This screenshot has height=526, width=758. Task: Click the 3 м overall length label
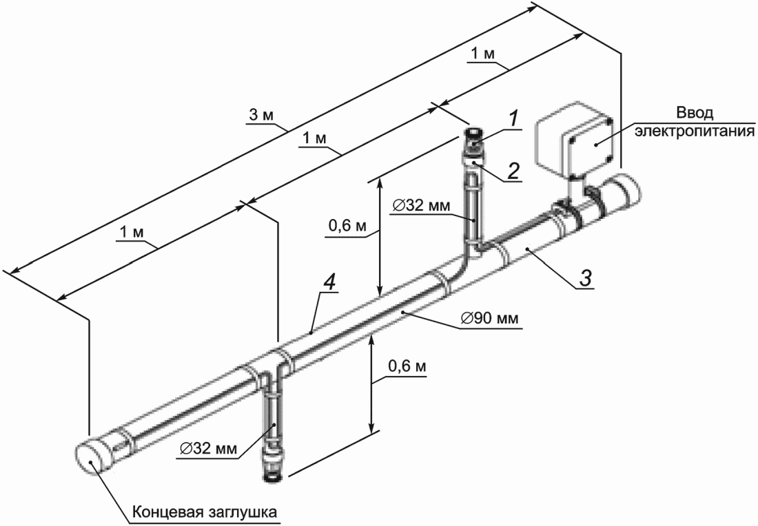click(x=261, y=116)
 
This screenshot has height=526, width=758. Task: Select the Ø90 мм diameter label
click(x=489, y=319)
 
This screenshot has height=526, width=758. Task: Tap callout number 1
click(x=514, y=119)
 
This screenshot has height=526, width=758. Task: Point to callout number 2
click(x=513, y=170)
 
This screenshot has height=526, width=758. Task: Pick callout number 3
click(x=585, y=279)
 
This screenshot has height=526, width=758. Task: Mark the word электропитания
click(x=695, y=131)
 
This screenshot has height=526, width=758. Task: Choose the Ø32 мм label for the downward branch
click(x=208, y=449)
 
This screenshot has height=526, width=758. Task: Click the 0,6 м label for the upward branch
click(x=347, y=226)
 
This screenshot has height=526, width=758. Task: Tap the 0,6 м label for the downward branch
click(x=407, y=366)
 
